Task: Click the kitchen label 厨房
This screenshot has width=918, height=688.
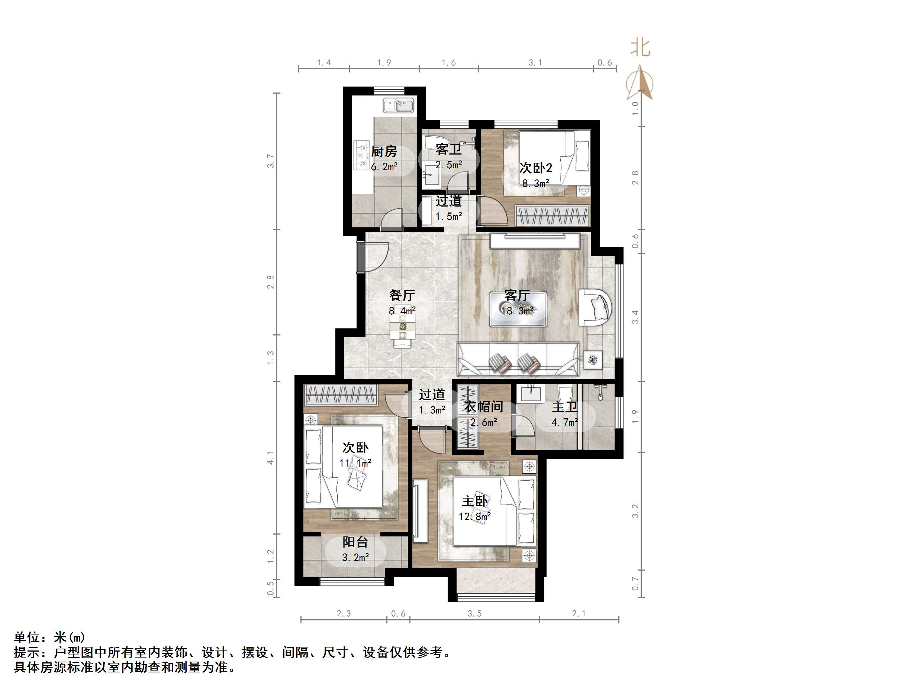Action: (x=383, y=151)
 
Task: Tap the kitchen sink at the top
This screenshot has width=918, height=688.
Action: (x=399, y=106)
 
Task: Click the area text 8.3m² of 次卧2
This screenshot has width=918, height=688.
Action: (x=535, y=183)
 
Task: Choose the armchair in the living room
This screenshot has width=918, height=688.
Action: (x=596, y=307)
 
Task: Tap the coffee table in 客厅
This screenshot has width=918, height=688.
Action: (x=518, y=309)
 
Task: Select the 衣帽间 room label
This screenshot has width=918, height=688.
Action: (x=483, y=407)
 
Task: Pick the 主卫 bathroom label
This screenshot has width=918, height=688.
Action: (x=564, y=407)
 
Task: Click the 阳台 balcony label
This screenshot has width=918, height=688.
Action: (x=355, y=542)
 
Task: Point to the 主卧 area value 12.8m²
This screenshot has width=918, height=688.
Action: (x=474, y=517)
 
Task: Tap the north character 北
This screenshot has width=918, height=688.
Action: (x=640, y=48)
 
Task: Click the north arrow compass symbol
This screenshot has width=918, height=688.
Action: (x=640, y=83)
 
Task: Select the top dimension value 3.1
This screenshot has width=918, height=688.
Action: (x=535, y=63)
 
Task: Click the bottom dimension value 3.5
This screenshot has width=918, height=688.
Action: (x=474, y=614)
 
